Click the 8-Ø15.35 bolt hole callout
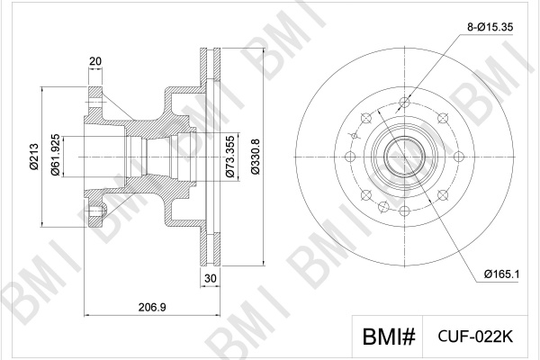point(490,27)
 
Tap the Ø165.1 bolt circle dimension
point(501,274)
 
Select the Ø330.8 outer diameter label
point(256,157)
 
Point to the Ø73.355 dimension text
point(230,157)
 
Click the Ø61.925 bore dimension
point(56,156)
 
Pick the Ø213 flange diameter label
point(34,157)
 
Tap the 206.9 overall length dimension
point(152,307)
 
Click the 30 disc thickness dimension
point(210,278)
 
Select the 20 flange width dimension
point(95,61)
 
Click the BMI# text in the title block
point(389,337)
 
